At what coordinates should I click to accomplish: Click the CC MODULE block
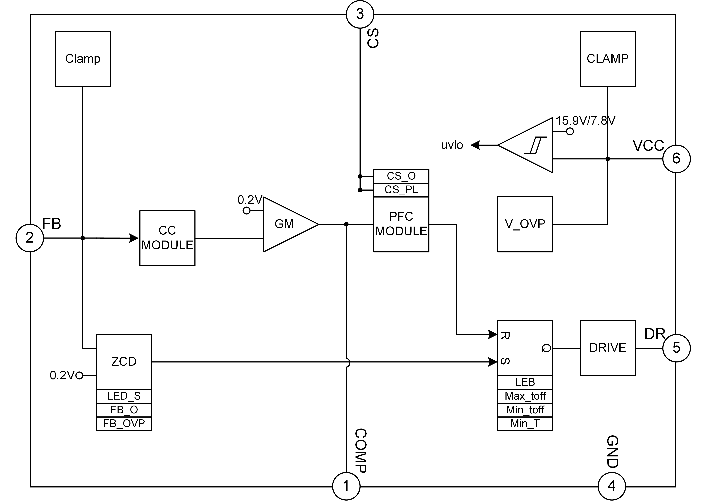[x=167, y=238]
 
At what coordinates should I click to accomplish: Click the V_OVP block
[x=525, y=224]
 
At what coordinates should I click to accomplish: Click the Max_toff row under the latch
[x=525, y=397]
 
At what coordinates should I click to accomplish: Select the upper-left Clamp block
[x=83, y=59]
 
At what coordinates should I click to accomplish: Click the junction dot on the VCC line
[x=608, y=159]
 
